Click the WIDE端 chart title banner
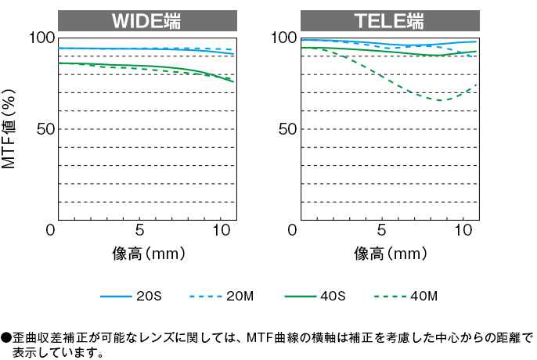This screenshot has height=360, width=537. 147,20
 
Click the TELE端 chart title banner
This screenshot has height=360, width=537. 389,20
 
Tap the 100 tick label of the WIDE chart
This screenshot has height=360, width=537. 41,38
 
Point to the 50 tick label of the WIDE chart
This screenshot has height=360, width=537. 44,128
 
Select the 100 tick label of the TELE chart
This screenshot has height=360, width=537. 283,38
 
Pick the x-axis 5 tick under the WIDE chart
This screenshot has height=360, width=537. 139,231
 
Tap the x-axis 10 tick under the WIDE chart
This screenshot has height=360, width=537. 222,231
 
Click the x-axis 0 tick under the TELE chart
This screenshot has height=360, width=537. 294,231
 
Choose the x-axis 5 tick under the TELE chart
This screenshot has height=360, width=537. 381,231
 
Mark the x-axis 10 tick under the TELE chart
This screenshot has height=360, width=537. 463,231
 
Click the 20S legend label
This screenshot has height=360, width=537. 149,297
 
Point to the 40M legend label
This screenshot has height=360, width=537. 423,297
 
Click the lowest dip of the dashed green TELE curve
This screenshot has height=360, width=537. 441,100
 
